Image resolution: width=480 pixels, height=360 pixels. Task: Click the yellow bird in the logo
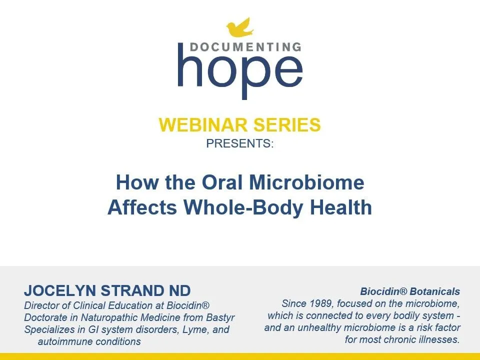point(240,27)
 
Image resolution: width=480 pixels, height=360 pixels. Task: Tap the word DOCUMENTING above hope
point(245,47)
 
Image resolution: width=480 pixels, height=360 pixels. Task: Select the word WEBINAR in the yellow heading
point(202,124)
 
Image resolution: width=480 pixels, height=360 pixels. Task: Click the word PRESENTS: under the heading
point(239,143)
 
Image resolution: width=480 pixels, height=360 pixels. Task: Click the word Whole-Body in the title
point(243,207)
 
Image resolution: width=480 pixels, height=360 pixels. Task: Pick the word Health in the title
point(340,207)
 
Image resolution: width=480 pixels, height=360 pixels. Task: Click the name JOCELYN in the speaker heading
point(60,290)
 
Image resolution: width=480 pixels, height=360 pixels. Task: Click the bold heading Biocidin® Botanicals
point(410,291)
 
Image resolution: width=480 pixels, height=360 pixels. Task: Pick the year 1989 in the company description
point(320,303)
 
